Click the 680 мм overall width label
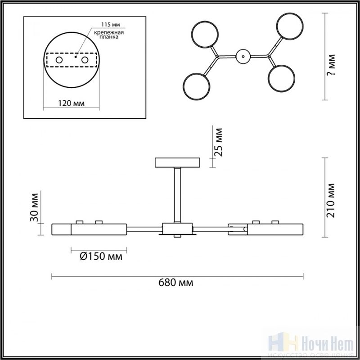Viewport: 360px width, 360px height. (175, 283)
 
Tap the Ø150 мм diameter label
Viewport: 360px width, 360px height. (101, 256)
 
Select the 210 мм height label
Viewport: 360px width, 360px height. (331, 200)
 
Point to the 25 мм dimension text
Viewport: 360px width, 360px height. (218, 142)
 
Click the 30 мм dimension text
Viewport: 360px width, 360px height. (34, 207)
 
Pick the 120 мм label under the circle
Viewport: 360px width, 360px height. (71, 103)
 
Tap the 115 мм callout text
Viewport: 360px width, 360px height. (111, 25)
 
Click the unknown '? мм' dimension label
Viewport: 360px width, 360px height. (331, 65)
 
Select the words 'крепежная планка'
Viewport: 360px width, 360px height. (109, 35)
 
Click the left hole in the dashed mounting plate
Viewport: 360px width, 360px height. (59, 60)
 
